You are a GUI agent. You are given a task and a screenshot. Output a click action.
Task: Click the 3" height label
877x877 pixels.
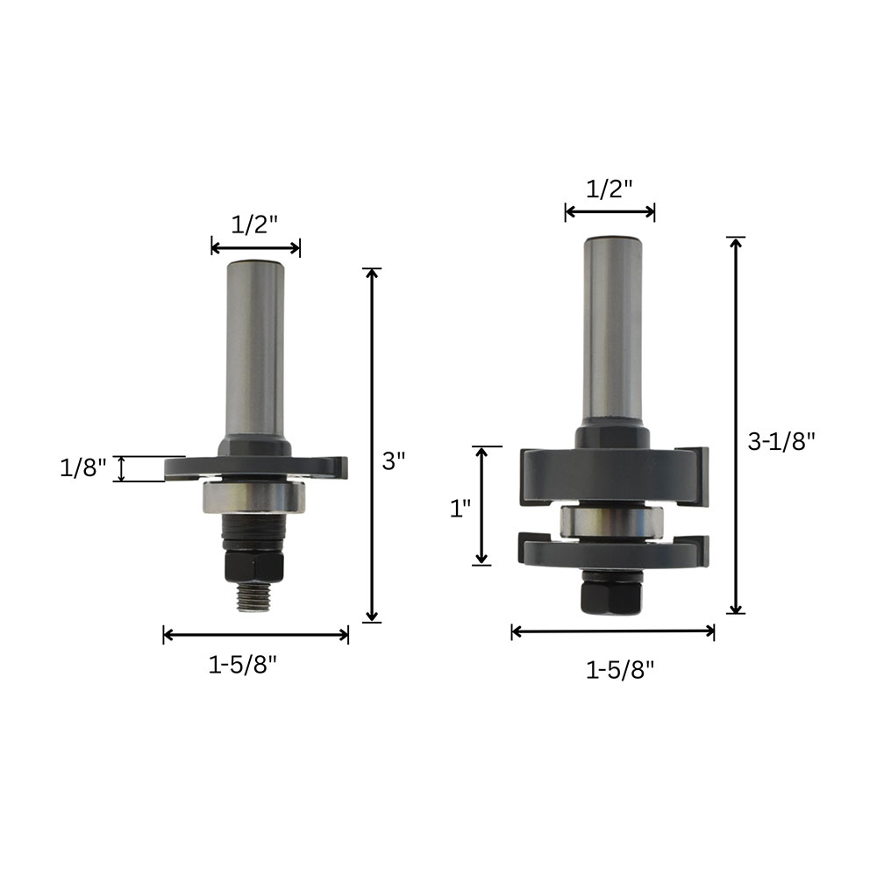393,461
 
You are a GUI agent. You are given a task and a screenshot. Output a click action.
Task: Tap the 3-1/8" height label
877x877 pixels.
781,442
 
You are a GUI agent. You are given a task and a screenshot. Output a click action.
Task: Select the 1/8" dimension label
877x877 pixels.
82,467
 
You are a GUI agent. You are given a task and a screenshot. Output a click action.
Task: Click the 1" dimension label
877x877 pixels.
460,509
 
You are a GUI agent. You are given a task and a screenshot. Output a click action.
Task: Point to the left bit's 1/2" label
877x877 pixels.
254,225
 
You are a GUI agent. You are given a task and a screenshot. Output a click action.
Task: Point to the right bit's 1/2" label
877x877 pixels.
610,189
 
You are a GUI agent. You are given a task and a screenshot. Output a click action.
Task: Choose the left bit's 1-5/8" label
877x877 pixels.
243,665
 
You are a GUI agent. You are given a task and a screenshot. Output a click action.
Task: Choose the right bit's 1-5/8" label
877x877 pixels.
620,669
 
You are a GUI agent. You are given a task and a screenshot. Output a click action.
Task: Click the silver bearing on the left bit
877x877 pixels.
254,496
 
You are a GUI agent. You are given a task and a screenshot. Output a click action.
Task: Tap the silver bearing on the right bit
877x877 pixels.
612,522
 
